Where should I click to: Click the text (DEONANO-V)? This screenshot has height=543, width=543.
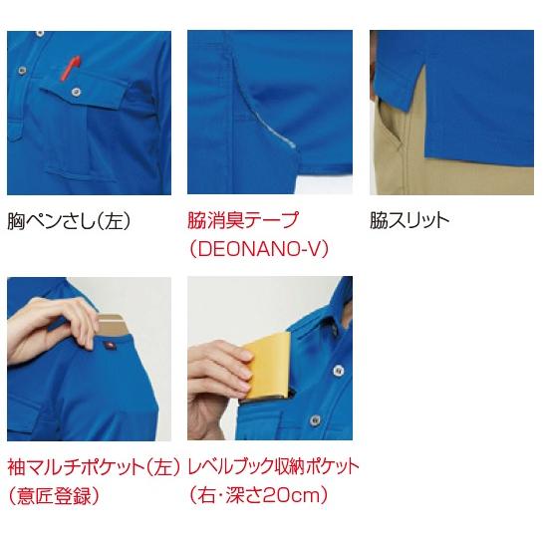(258, 247)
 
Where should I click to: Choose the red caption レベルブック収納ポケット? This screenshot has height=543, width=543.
(273, 465)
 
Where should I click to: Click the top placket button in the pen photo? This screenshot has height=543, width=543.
(22, 69)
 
